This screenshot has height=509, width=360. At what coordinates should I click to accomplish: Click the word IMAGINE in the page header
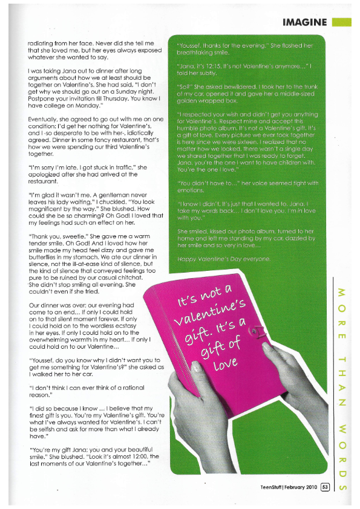pyautogui.click(x=305, y=22)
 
